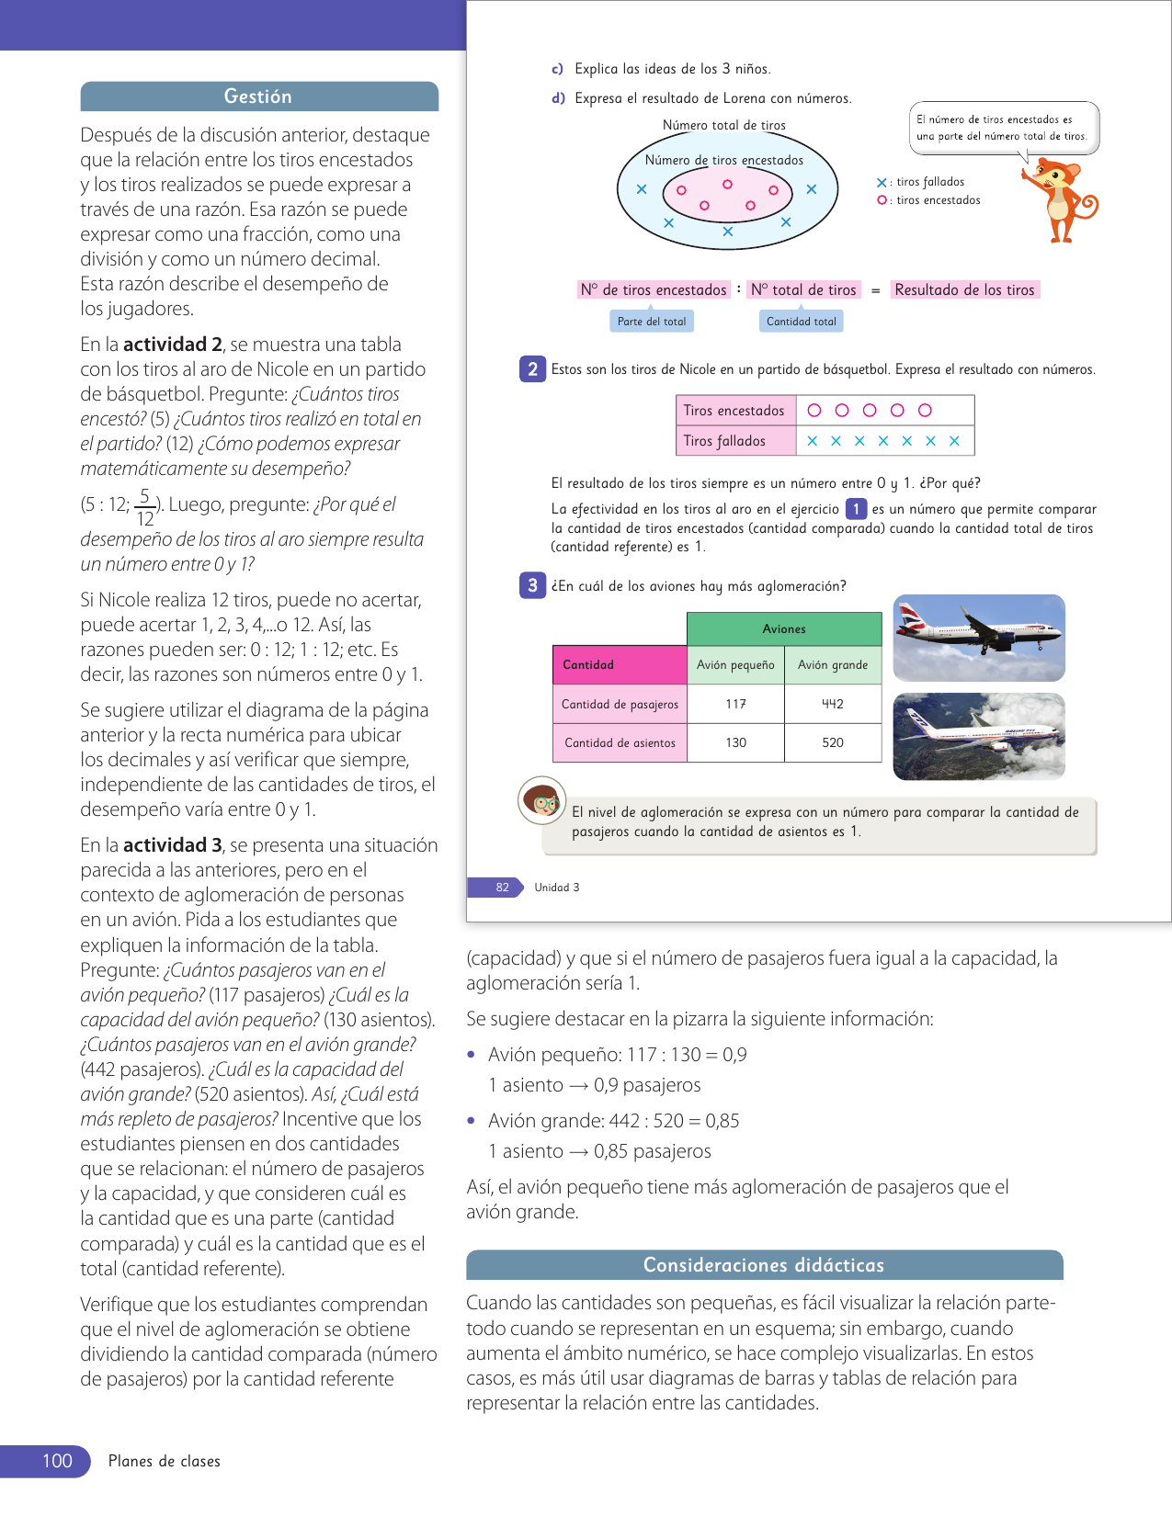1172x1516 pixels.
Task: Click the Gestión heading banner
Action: tap(258, 96)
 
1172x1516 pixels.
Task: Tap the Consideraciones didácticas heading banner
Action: tap(764, 1265)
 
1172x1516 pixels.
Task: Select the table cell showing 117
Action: tap(735, 704)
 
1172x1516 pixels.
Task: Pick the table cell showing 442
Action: tap(833, 704)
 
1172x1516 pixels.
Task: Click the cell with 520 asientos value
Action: tap(833, 742)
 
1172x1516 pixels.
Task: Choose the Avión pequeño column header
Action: tap(735, 665)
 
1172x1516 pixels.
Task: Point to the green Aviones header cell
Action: tap(784, 628)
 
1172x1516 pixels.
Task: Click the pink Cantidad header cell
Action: tap(620, 665)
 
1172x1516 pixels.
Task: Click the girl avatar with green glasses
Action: tap(541, 801)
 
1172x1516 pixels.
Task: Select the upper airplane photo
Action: tap(979, 638)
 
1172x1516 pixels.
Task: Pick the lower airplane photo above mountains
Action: tap(979, 736)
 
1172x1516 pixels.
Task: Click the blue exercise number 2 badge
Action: tap(532, 368)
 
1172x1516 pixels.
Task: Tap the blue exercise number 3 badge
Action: tap(532, 585)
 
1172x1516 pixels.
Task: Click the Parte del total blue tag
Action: tap(652, 322)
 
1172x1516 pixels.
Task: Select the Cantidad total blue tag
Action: tap(802, 322)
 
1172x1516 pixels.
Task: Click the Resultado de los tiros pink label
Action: tap(964, 290)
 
